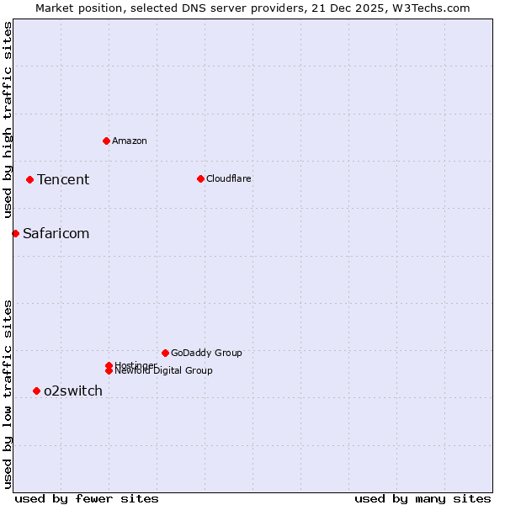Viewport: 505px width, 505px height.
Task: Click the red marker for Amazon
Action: coord(106,141)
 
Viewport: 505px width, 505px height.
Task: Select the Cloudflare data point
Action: coord(200,178)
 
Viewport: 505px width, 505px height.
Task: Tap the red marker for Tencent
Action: coord(29,179)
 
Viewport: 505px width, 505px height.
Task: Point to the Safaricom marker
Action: coord(15,233)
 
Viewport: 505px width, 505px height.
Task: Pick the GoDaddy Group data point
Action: coord(165,353)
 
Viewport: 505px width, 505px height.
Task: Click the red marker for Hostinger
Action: coord(109,365)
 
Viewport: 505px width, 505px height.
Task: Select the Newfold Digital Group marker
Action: coord(109,370)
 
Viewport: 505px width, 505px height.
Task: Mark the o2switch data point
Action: coord(36,391)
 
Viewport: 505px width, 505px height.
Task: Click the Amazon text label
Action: coord(130,141)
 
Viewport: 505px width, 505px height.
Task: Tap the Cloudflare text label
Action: coord(229,178)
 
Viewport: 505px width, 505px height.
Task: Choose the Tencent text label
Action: coord(63,179)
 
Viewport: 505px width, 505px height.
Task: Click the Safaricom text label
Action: coord(56,233)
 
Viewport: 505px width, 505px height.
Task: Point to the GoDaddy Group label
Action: coord(206,353)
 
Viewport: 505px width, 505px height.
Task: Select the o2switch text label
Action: coord(73,391)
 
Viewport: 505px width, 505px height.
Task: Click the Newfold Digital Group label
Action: coord(164,371)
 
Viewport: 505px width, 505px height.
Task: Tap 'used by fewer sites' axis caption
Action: coord(87,498)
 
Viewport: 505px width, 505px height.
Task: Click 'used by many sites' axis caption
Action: coord(423,498)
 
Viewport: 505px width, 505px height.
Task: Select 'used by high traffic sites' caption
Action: coord(8,120)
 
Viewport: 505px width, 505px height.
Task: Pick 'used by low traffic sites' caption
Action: coord(8,394)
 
